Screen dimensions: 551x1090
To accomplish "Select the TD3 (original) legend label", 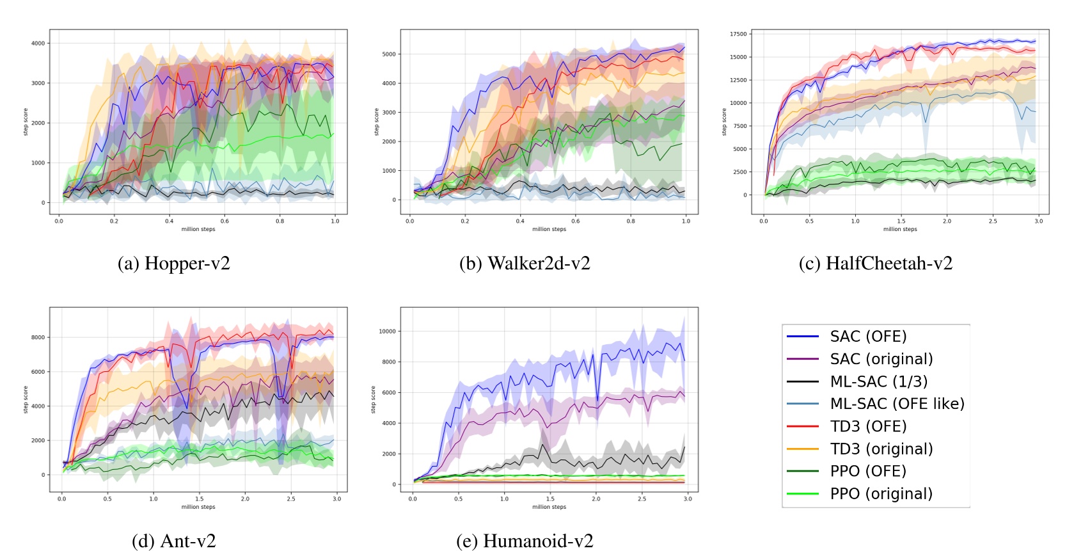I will click(x=881, y=449).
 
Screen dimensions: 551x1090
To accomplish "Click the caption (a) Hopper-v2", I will click(x=173, y=263).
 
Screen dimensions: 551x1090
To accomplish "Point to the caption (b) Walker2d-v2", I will click(x=525, y=263).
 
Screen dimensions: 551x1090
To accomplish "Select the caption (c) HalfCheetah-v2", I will click(x=875, y=263).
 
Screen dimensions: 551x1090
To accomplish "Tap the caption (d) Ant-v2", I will click(x=173, y=541).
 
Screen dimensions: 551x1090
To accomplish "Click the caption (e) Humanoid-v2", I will click(x=525, y=541).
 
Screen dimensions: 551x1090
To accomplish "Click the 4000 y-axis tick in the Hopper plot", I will click(x=38, y=44).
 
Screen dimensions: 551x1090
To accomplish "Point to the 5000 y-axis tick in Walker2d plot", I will click(x=389, y=54).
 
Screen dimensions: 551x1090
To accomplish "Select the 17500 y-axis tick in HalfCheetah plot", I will click(x=738, y=34).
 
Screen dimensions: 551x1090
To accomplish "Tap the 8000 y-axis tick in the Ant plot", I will click(x=38, y=337).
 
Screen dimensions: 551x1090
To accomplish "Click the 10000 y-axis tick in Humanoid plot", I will click(x=388, y=331).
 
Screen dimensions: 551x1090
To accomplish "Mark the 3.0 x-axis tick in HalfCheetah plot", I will click(x=1039, y=221).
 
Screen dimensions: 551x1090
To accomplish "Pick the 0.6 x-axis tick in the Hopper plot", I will click(x=225, y=221).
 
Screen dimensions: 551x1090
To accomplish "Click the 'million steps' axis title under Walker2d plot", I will click(x=549, y=229).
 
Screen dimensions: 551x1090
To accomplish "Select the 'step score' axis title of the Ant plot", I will click(x=26, y=399).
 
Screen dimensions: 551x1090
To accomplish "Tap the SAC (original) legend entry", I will click(x=881, y=359).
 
